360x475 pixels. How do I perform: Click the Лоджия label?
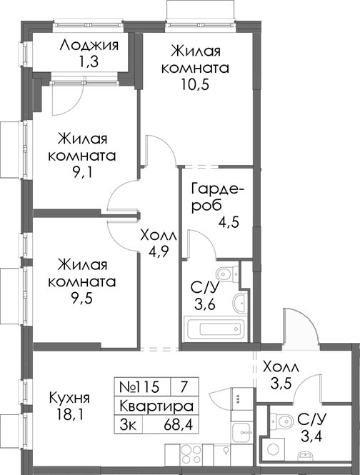point(89,46)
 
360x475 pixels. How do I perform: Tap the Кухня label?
point(69,397)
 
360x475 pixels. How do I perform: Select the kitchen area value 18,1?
point(69,414)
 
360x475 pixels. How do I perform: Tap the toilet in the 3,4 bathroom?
point(286,421)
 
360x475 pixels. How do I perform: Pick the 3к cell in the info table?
point(128,424)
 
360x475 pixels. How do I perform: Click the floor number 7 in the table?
point(184,387)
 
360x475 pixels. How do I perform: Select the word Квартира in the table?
point(156,406)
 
